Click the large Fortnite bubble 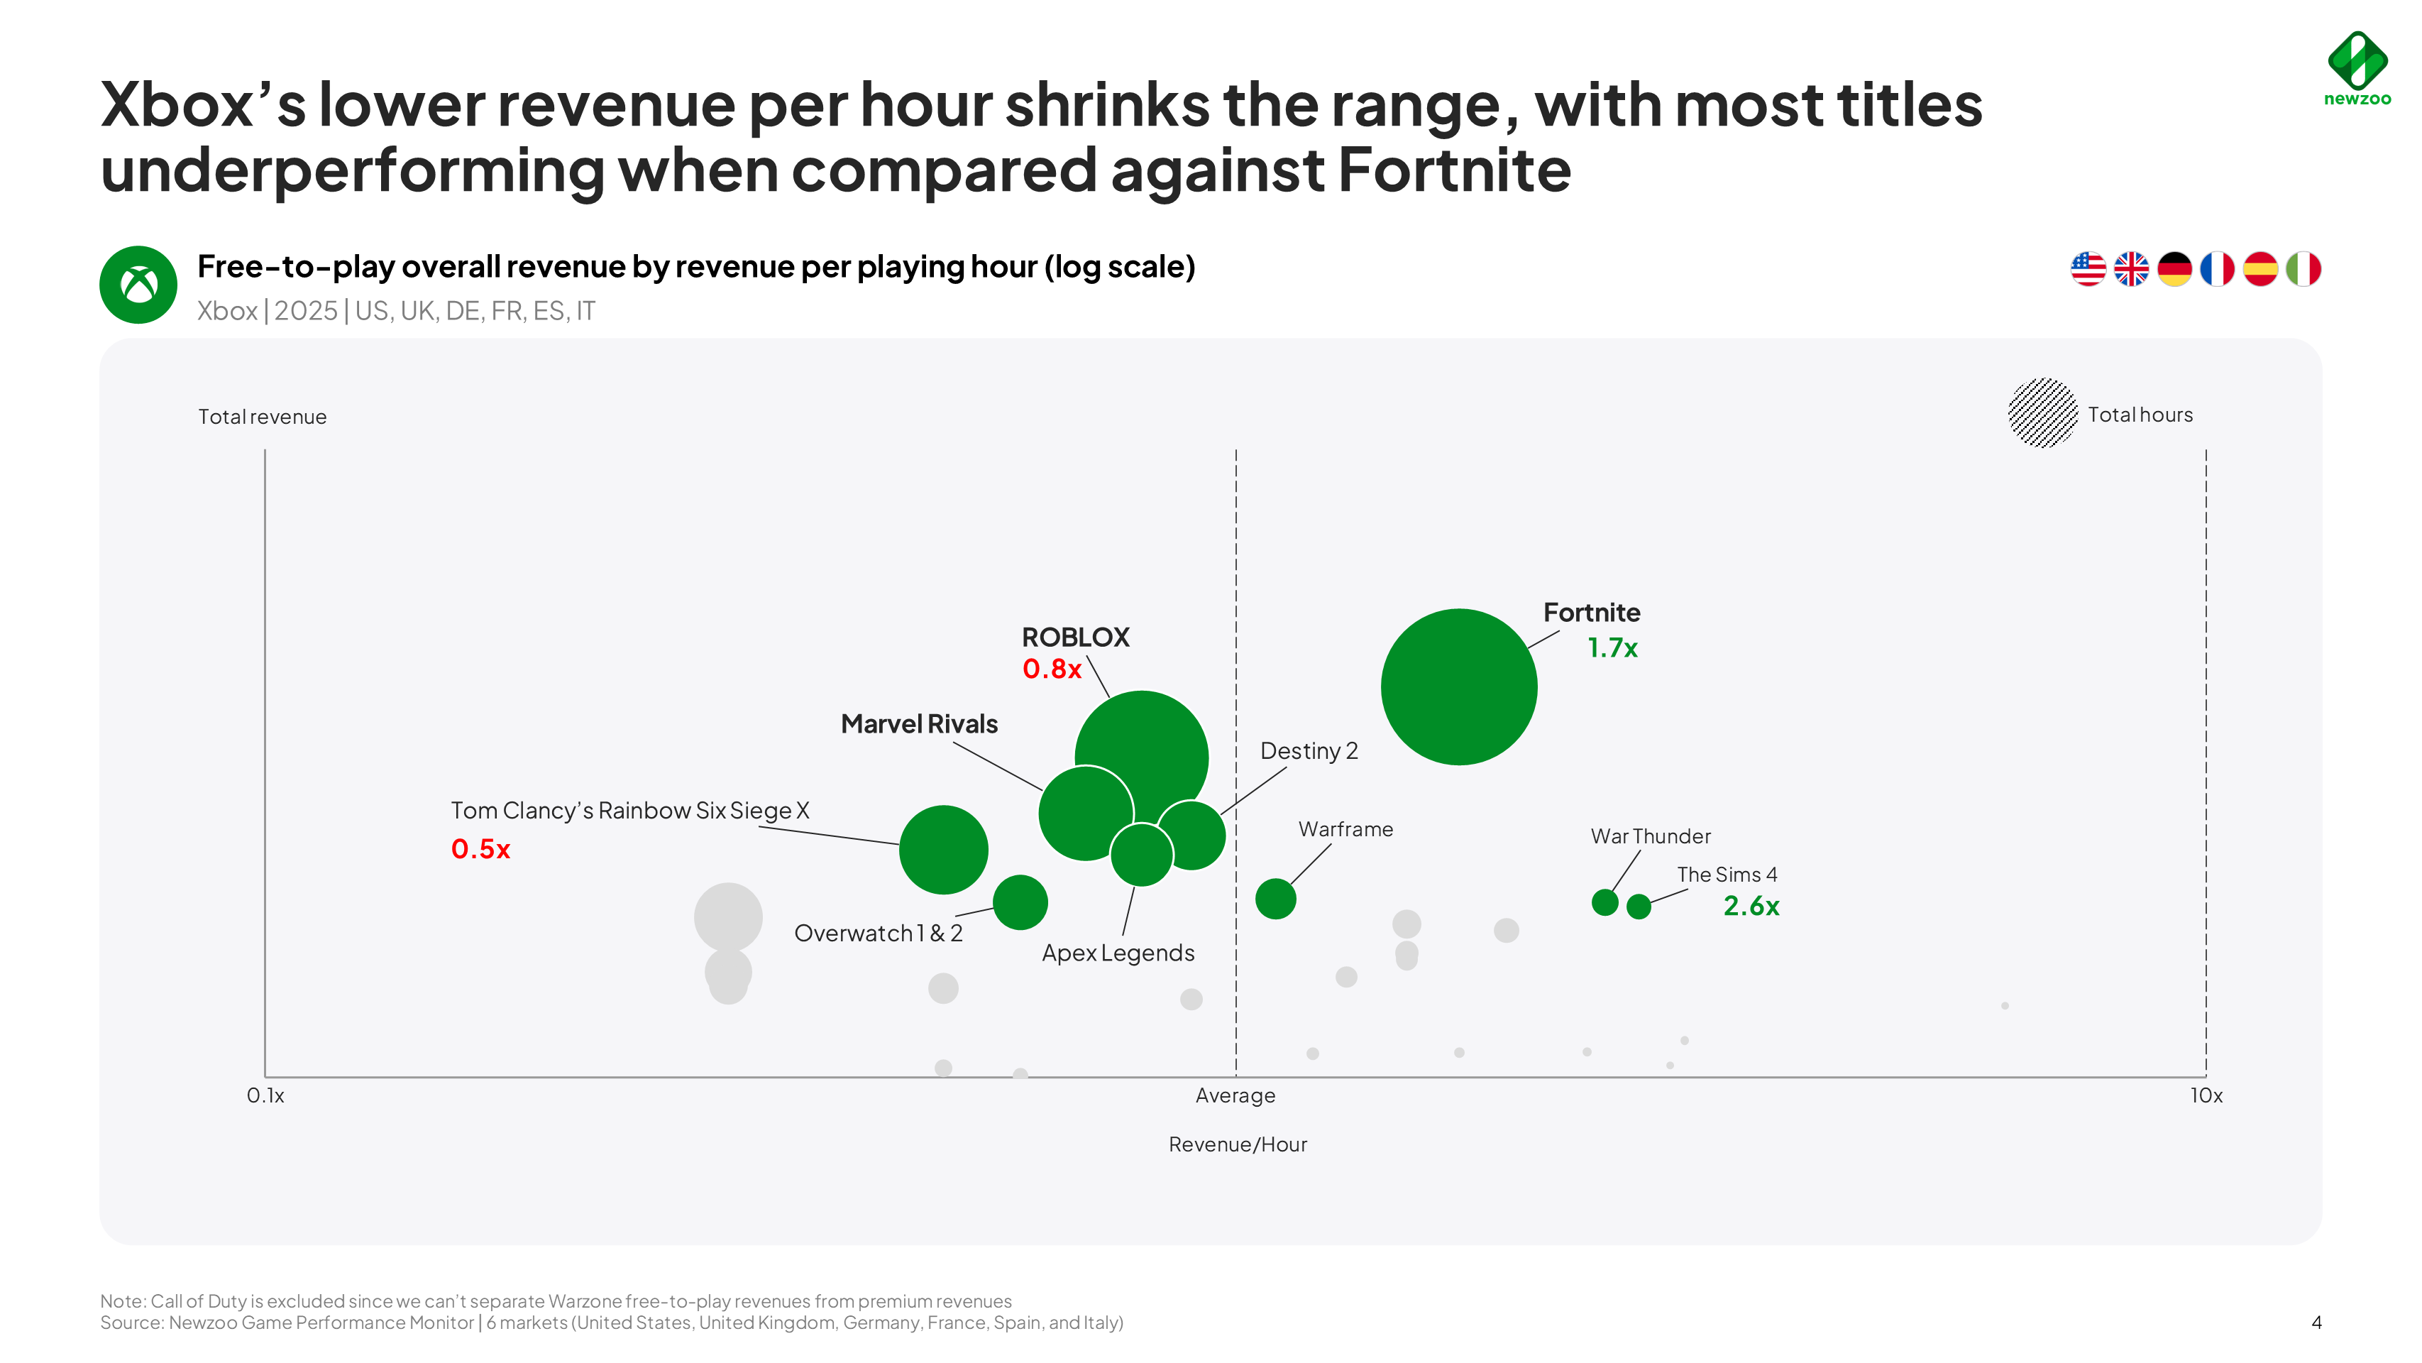point(1458,686)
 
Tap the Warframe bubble point(1275,898)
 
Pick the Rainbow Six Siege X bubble point(943,850)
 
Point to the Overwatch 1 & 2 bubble point(1020,902)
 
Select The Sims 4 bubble point(1638,906)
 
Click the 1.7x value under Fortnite point(1612,648)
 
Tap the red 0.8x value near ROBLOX point(1051,669)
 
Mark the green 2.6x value point(1751,906)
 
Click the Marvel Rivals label point(918,723)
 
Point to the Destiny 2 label point(1309,750)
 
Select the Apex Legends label point(1118,953)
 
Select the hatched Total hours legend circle point(2042,413)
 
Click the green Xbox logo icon point(138,285)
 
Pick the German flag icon point(2174,269)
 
